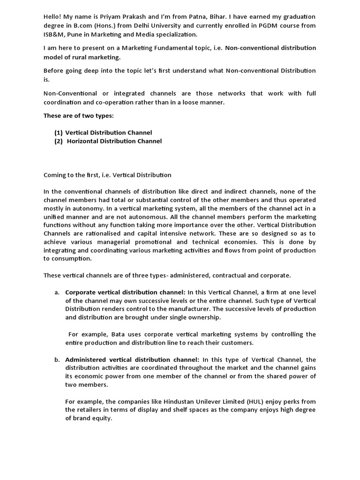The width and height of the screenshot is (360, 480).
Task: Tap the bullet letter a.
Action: click(x=57, y=292)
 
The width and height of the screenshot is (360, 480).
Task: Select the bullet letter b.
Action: click(x=57, y=360)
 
